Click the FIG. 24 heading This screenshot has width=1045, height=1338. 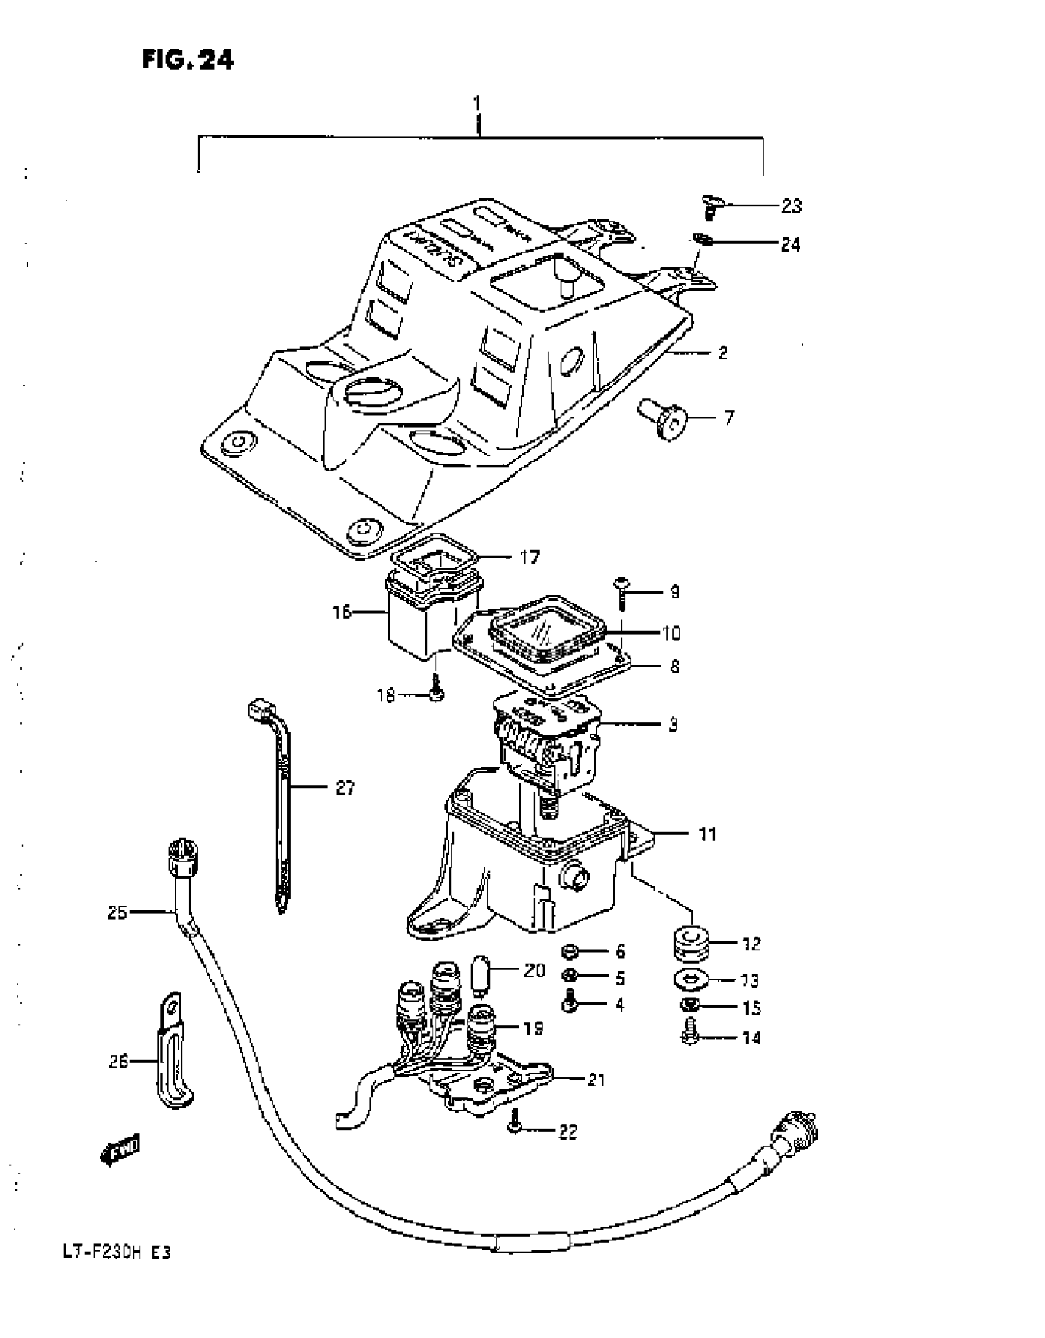click(x=187, y=60)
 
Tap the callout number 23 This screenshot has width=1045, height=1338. click(x=792, y=206)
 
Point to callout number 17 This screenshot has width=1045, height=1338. click(x=529, y=557)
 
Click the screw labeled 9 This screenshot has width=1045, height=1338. click(x=621, y=592)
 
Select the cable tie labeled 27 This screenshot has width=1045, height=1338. click(x=282, y=805)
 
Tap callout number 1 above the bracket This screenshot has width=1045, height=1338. click(x=478, y=103)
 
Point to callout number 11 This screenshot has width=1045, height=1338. click(x=708, y=835)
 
